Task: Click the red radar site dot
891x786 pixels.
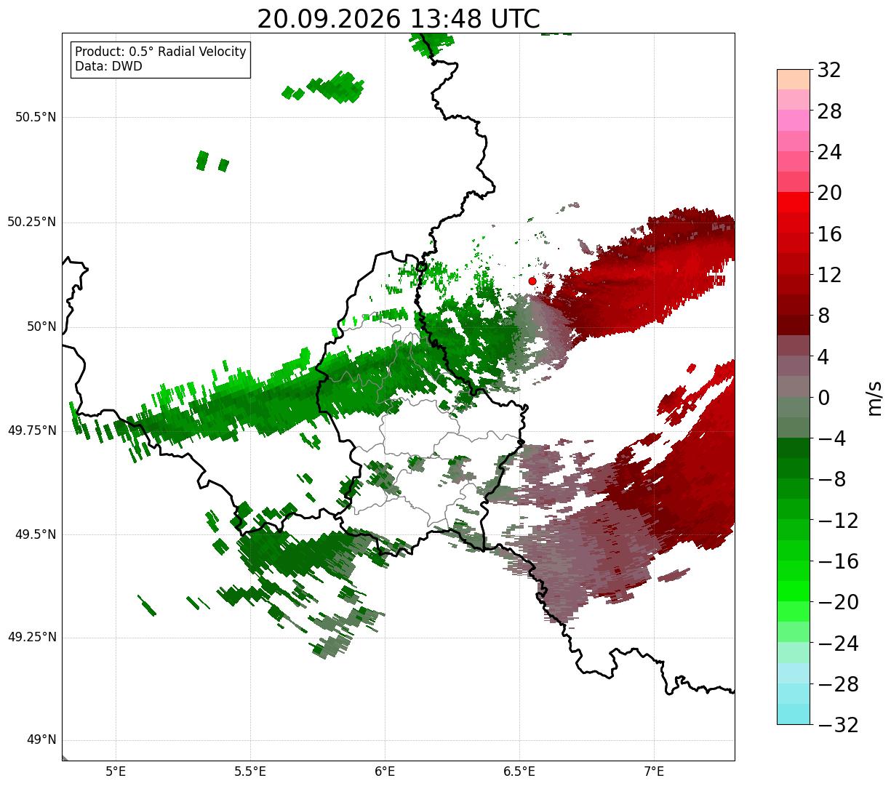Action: point(532,281)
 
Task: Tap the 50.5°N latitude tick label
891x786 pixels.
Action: point(36,117)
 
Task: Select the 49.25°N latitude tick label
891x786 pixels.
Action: point(32,637)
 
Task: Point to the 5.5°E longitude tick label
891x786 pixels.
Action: point(250,771)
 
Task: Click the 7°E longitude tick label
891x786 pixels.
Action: point(654,771)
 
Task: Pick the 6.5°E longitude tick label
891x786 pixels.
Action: point(519,771)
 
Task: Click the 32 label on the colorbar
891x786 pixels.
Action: point(829,70)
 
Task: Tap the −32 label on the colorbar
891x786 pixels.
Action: point(838,724)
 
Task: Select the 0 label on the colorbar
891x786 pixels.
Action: point(823,398)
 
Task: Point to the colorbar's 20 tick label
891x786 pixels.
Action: point(829,193)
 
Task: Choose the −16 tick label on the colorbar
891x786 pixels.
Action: point(838,561)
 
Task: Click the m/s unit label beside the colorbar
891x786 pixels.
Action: point(874,398)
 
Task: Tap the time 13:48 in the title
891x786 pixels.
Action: point(445,20)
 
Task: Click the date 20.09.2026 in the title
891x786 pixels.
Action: point(329,20)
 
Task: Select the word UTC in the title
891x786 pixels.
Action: point(515,20)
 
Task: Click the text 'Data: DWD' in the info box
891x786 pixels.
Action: point(108,66)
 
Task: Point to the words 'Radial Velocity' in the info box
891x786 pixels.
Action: point(202,52)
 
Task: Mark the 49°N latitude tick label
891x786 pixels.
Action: point(41,739)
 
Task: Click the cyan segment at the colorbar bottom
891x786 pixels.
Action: point(794,714)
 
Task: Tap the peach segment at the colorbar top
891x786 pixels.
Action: point(794,79)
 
